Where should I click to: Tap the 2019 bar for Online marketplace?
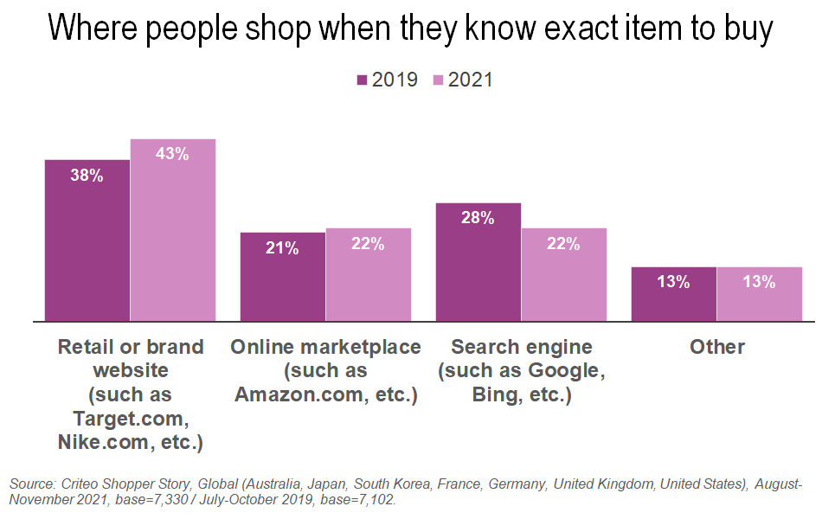coord(283,277)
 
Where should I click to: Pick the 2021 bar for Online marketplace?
coord(369,275)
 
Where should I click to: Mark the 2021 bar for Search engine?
coord(564,275)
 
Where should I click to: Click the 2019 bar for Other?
coord(674,294)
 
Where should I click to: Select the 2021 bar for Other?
coord(760,294)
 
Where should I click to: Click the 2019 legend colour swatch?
coord(362,80)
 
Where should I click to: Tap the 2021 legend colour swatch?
coord(438,80)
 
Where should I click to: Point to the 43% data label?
coord(172,154)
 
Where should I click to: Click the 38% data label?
coord(87,175)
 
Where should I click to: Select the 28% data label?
coord(478,218)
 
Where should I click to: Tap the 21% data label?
coord(283,248)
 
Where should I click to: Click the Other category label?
coord(717,347)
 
